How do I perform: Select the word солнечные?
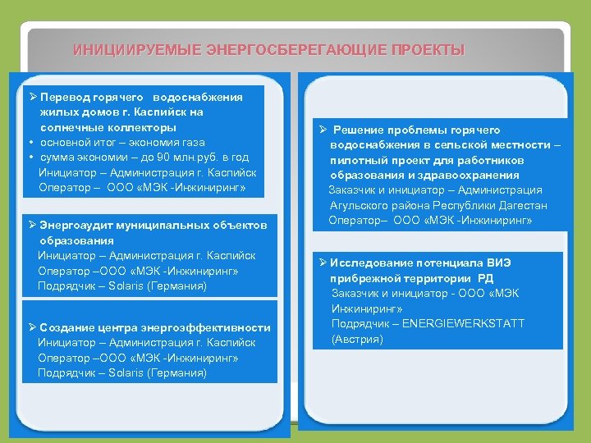click(74, 127)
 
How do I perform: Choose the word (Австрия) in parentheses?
click(358, 338)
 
